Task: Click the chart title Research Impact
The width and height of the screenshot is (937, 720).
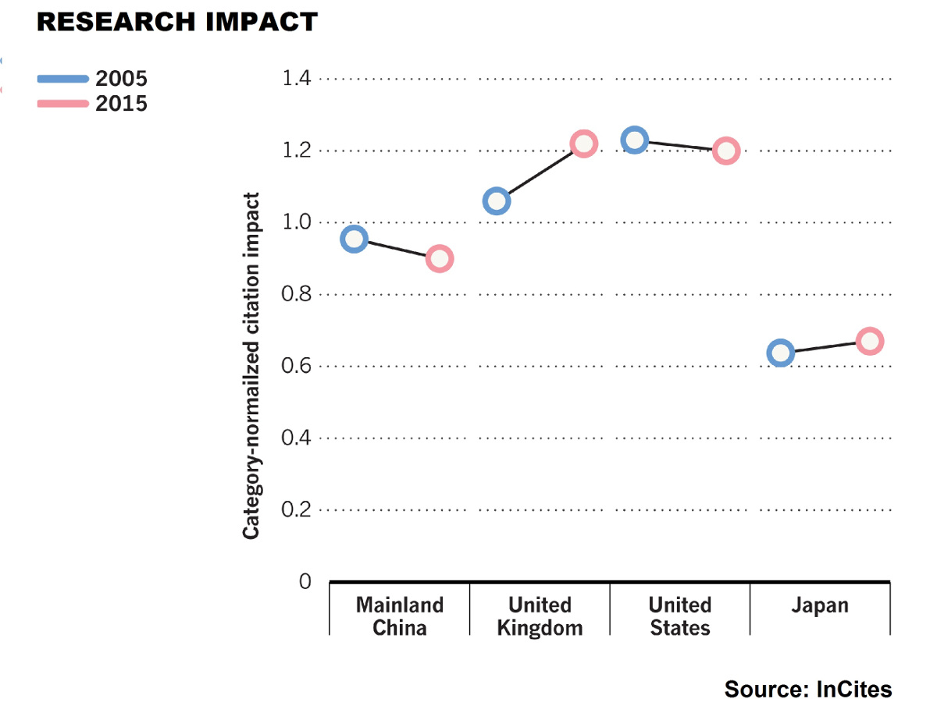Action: [x=177, y=22]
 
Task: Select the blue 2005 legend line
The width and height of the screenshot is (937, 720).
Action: [x=63, y=79]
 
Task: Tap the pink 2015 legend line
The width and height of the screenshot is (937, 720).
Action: [x=63, y=104]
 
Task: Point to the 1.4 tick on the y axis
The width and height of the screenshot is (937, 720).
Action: [x=296, y=78]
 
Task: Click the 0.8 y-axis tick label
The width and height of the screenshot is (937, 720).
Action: [x=296, y=294]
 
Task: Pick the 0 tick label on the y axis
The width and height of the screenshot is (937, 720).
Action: [x=305, y=581]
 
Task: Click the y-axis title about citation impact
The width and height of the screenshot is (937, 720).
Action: [x=251, y=366]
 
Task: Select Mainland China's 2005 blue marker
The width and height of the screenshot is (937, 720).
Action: [x=354, y=239]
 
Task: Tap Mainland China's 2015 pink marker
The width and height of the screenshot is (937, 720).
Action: [x=440, y=259]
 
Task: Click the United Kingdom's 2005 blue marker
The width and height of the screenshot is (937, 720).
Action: [x=497, y=201]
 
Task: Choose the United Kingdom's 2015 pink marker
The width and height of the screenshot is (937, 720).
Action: [x=584, y=144]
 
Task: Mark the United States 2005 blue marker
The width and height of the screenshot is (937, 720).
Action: [x=634, y=140]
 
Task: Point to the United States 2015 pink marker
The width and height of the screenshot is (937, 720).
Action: [x=726, y=151]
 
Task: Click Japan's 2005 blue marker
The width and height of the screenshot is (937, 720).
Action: [x=781, y=353]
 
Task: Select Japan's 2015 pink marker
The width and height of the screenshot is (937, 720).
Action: [x=870, y=342]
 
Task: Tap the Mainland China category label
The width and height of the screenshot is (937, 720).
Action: [x=400, y=616]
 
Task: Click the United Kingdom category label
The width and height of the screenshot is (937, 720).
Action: [x=540, y=616]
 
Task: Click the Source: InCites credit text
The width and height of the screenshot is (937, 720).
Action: [x=808, y=690]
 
